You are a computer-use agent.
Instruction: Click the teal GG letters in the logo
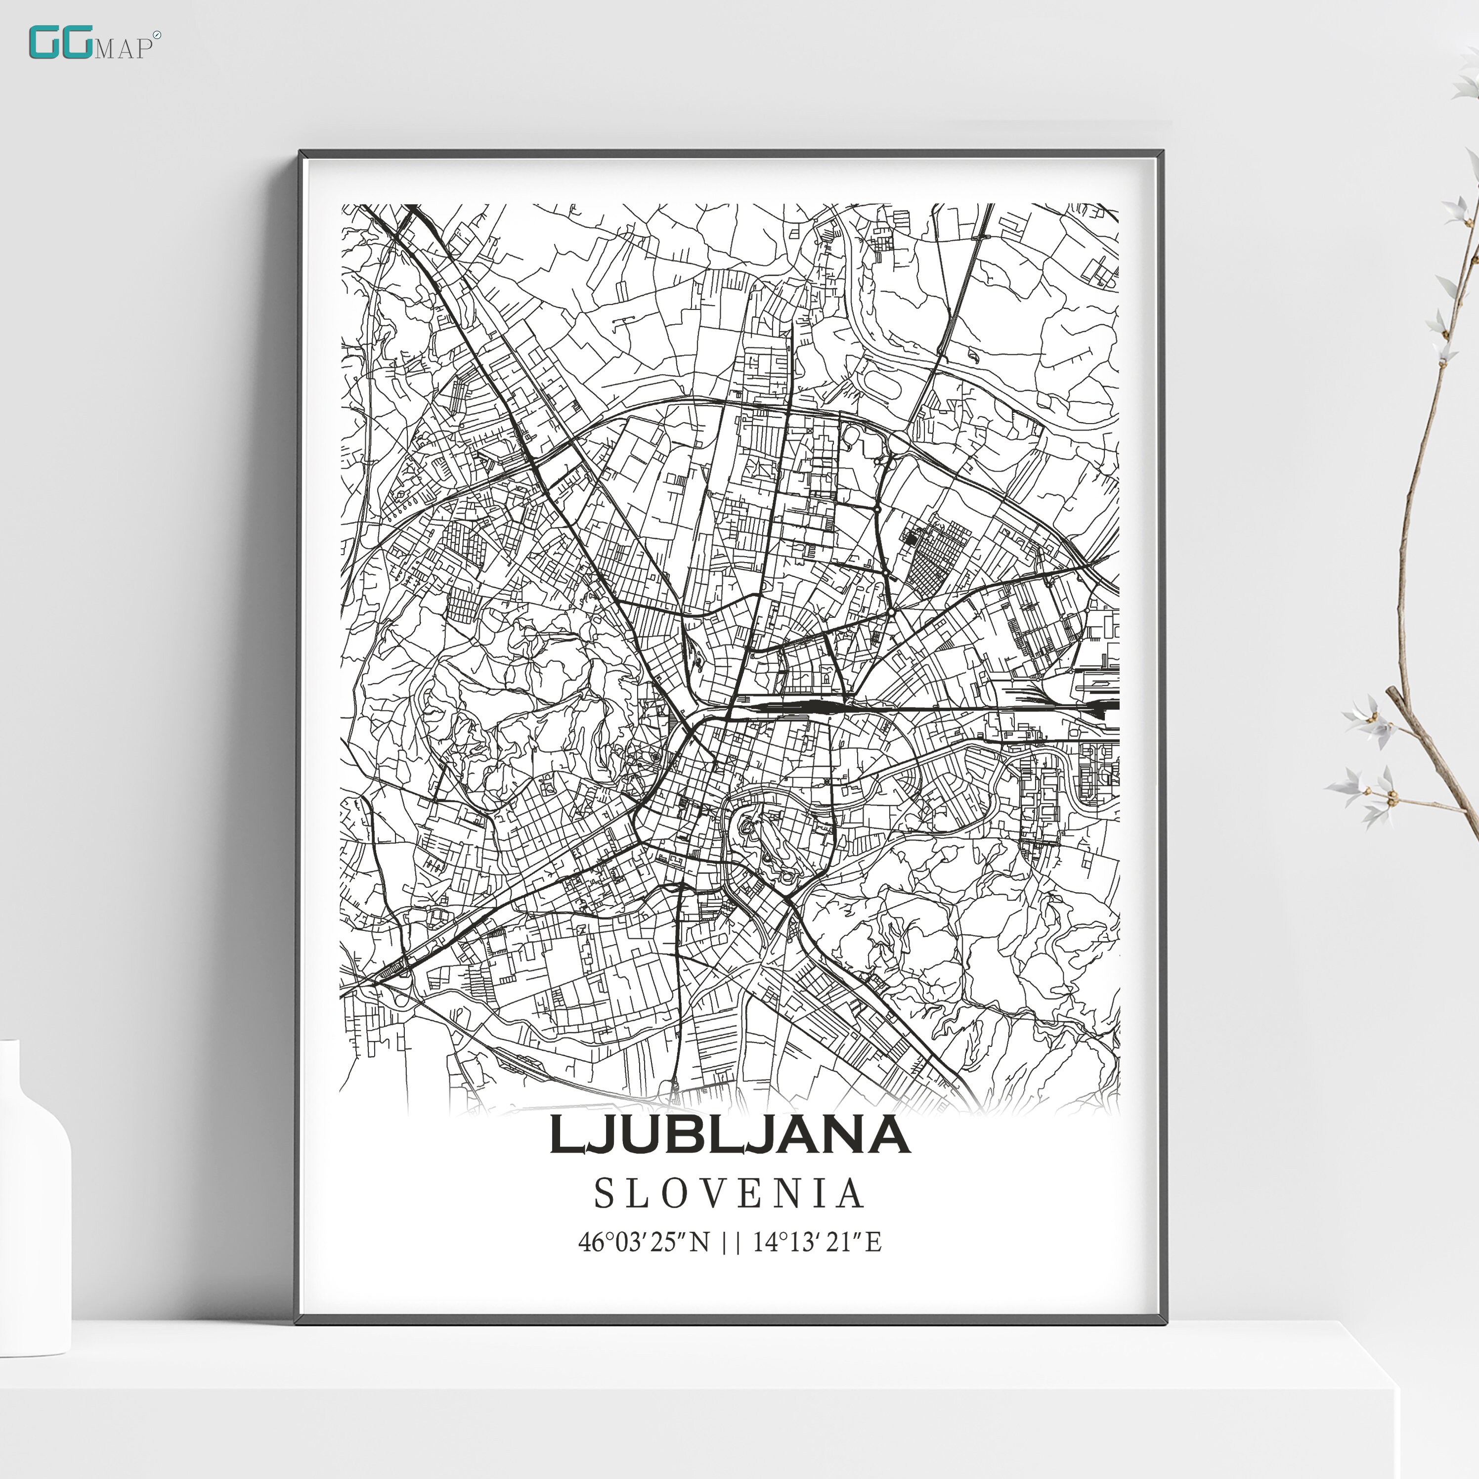click(61, 43)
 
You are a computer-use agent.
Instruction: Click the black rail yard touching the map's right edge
click(1102, 705)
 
